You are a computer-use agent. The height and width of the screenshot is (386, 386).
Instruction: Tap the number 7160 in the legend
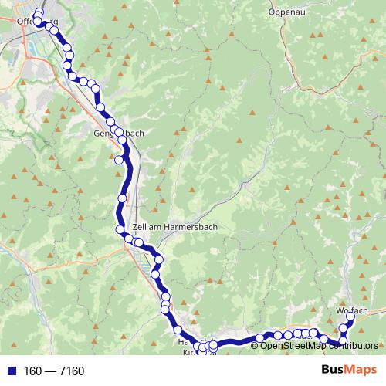pos(69,371)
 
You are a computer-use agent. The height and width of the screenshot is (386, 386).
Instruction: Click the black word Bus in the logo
pos(334,371)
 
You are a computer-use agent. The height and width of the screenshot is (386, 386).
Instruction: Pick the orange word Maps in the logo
pos(363,371)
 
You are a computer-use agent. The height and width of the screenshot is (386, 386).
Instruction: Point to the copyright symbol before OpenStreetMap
pos(256,346)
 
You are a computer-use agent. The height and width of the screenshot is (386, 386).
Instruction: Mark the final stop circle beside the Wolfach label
pos(350,317)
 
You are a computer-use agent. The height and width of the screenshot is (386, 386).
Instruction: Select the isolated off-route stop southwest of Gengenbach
pos(119,160)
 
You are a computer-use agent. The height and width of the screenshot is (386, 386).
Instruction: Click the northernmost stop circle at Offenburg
pos(39,12)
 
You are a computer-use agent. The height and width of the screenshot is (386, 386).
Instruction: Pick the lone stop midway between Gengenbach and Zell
pos(121,199)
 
